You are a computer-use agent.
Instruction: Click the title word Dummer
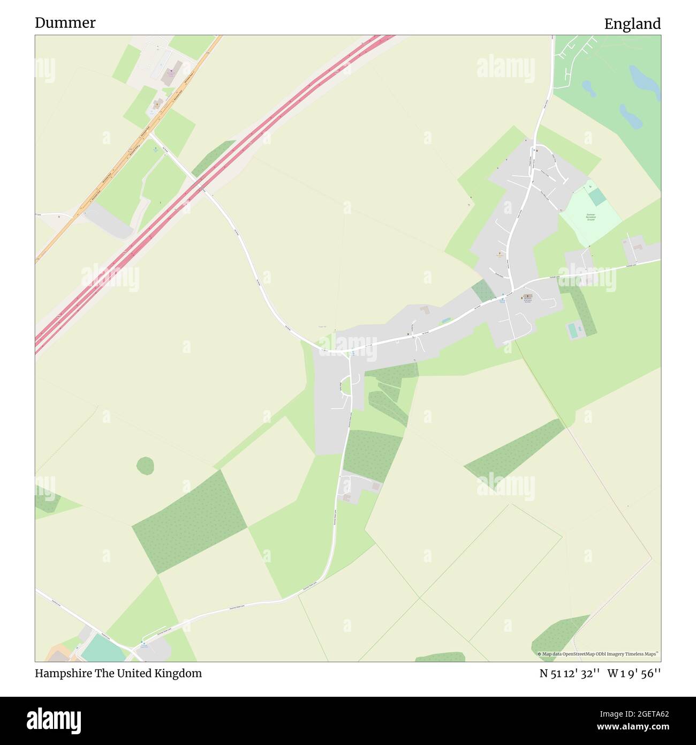click(x=65, y=23)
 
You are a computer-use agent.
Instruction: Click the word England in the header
click(x=632, y=24)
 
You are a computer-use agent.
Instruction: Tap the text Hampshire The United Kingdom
click(x=118, y=673)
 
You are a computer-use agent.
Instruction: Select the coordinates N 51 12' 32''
click(x=569, y=674)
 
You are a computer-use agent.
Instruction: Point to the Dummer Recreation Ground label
click(x=590, y=218)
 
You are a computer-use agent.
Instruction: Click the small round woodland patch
click(x=145, y=465)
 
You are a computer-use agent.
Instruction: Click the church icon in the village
click(x=527, y=296)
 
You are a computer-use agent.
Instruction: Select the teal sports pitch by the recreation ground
click(x=598, y=197)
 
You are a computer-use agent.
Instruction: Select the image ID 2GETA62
click(x=640, y=713)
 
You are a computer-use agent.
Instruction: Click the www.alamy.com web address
click(x=628, y=727)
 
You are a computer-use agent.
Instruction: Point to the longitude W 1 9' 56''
click(x=634, y=674)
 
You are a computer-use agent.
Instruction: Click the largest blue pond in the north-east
click(x=644, y=79)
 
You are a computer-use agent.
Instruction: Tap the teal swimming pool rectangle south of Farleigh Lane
click(x=573, y=330)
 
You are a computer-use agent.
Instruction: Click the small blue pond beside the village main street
click(x=445, y=321)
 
